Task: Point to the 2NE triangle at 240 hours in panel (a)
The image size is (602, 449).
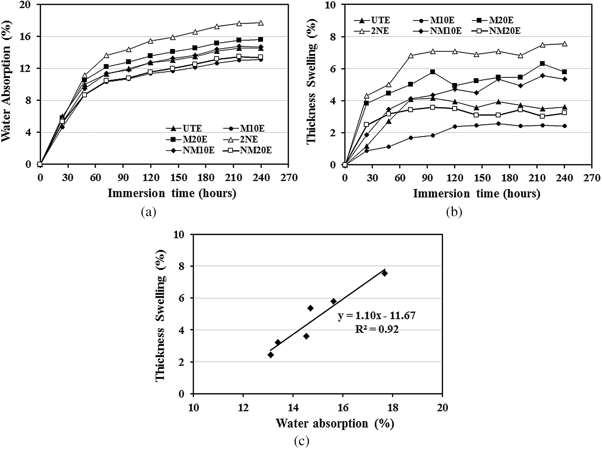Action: click(x=261, y=23)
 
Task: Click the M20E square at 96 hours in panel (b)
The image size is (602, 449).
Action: click(x=432, y=72)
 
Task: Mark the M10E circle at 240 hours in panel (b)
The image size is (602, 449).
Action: click(x=564, y=126)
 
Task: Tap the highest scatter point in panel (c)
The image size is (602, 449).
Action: click(x=384, y=273)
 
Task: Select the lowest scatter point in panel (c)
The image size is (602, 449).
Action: click(x=271, y=355)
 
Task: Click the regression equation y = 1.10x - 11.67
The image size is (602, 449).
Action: click(x=376, y=316)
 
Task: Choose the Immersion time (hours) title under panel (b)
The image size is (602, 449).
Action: click(x=476, y=193)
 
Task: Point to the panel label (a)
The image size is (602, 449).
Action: click(x=148, y=213)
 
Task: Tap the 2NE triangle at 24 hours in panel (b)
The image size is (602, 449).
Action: click(x=366, y=96)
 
